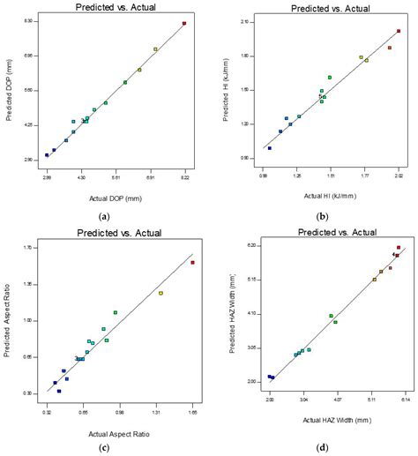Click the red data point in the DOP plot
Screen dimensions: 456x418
[x=183, y=24]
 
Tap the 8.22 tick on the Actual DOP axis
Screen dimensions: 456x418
[x=184, y=176]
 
